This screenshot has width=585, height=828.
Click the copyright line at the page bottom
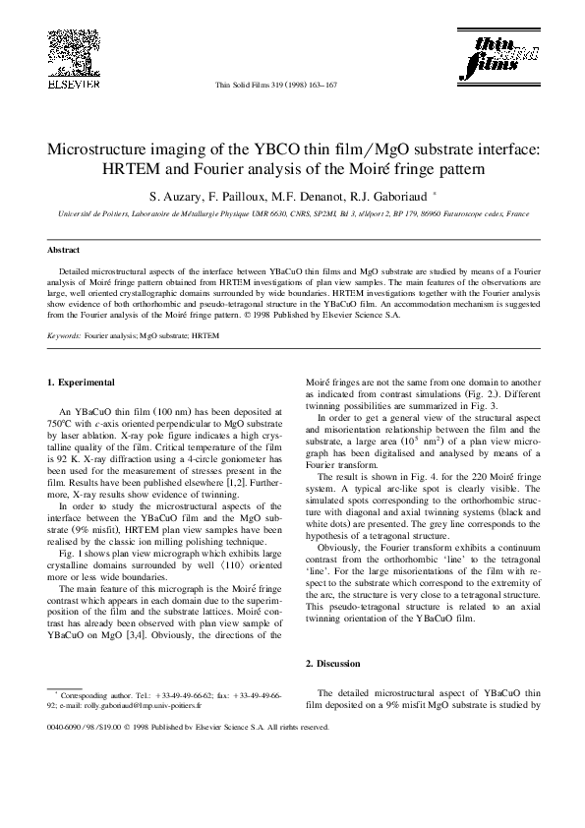[187, 728]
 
